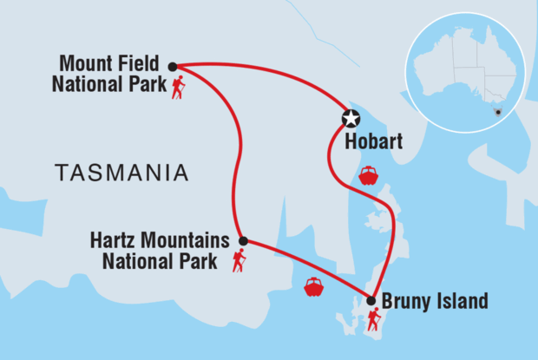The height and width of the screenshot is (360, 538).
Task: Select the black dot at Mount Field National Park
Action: click(x=173, y=66)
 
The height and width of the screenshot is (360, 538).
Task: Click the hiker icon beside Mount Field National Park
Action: click(x=178, y=88)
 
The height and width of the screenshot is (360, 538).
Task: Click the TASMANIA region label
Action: click(x=121, y=172)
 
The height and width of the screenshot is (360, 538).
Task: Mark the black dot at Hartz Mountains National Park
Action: click(x=243, y=241)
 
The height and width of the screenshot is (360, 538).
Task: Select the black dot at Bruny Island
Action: click(x=371, y=301)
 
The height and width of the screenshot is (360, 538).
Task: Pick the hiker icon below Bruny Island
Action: click(x=373, y=321)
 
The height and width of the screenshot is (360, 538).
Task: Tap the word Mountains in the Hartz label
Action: click(x=185, y=240)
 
